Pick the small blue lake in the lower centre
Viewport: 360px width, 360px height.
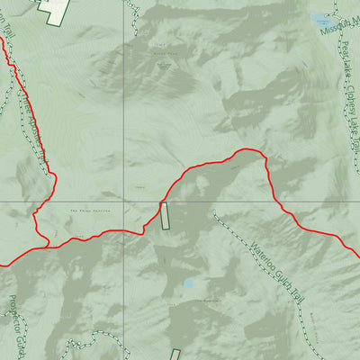click(x=188, y=283)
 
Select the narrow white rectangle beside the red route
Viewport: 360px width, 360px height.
click(x=165, y=217)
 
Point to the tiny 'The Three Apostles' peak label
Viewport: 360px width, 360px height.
click(x=84, y=211)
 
